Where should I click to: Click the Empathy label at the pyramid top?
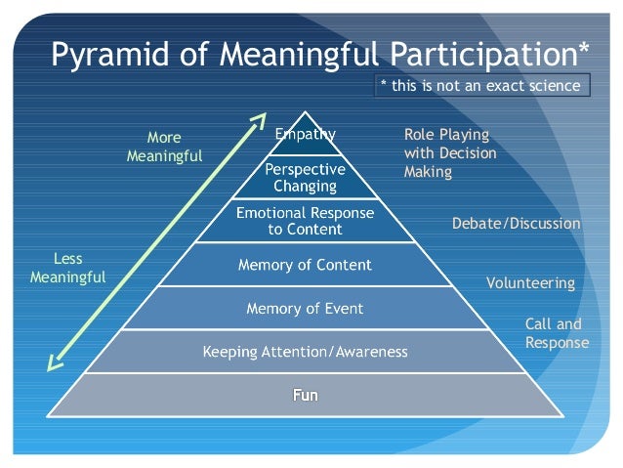(306, 135)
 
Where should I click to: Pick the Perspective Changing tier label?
(306, 177)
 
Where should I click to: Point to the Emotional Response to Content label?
(306, 221)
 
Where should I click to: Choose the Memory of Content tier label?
(306, 265)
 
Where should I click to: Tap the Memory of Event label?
(306, 309)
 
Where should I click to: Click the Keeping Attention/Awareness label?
(306, 352)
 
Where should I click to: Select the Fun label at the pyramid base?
(306, 396)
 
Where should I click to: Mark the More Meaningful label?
(165, 147)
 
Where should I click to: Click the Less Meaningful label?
(67, 268)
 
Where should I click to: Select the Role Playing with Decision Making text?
(449, 153)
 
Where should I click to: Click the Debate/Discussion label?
(516, 224)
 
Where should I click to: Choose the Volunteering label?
(530, 283)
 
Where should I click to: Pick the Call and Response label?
(557, 333)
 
